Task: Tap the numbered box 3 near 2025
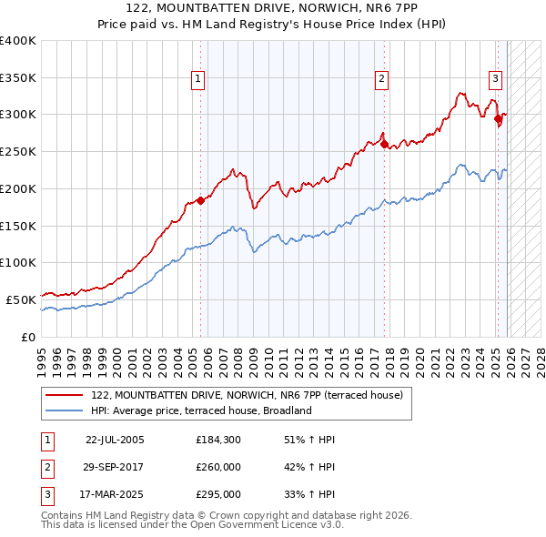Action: pyautogui.click(x=495, y=78)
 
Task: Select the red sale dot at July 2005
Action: pyautogui.click(x=201, y=201)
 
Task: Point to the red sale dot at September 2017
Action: pyautogui.click(x=384, y=144)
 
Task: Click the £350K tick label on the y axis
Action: pyautogui.click(x=18, y=77)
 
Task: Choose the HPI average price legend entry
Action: pyautogui.click(x=201, y=410)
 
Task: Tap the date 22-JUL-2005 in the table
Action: pyautogui.click(x=115, y=440)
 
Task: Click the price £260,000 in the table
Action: pyautogui.click(x=218, y=467)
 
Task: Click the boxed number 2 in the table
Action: pyautogui.click(x=46, y=467)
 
